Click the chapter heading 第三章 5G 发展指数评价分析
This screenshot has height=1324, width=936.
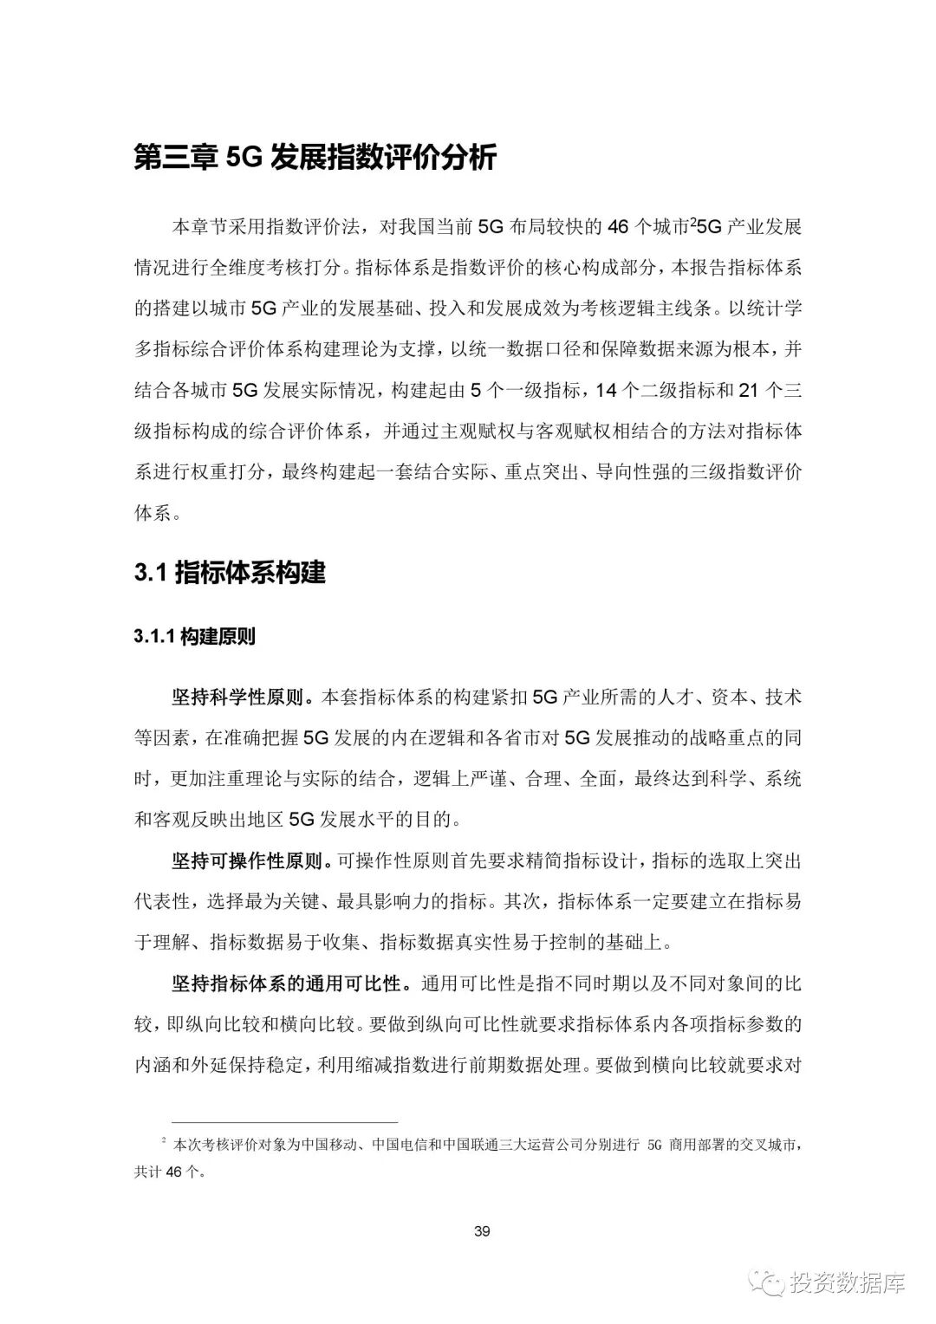[x=315, y=159]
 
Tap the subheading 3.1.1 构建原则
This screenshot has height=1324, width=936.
[x=195, y=637]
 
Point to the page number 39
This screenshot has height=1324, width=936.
[x=483, y=1231]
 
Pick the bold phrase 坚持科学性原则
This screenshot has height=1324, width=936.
[x=244, y=698]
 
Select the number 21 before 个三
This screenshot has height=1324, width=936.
[x=748, y=392]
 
